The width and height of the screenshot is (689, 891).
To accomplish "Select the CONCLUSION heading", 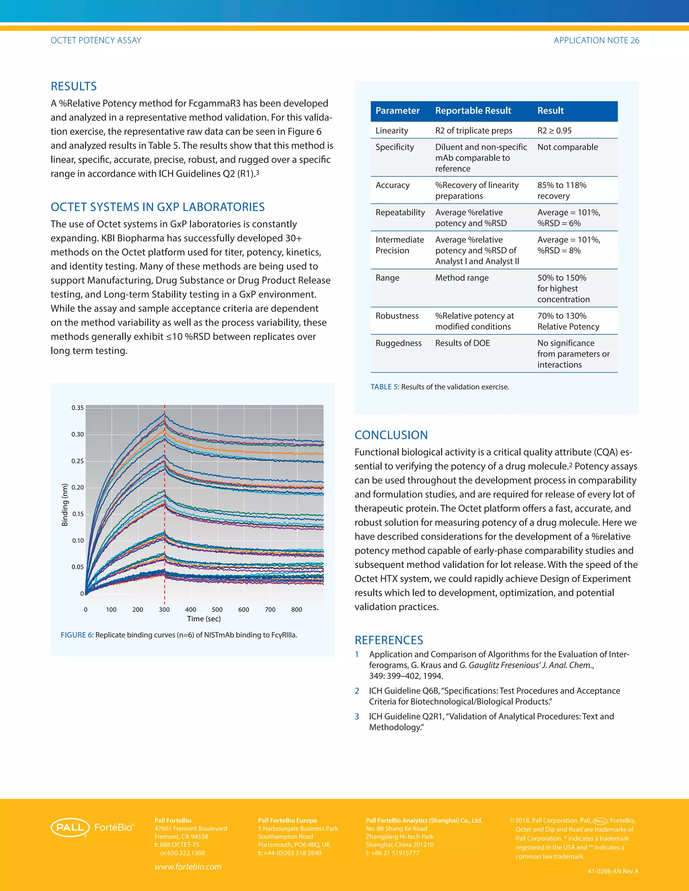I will coord(391,435).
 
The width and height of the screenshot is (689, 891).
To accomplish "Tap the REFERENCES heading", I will coord(389,640).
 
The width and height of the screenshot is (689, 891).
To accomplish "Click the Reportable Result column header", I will coord(473,111).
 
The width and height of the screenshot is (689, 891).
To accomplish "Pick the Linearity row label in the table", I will coord(392,130).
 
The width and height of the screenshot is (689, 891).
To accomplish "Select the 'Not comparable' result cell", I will coord(567,147).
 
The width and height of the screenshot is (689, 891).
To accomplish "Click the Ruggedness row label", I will coord(398,343).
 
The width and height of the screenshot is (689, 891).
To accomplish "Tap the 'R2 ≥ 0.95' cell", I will coord(554,130).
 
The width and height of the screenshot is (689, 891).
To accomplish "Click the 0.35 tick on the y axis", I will coord(78,408).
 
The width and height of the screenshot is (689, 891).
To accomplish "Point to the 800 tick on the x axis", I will coord(297,610).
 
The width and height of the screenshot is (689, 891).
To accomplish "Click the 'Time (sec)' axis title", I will coord(204,619).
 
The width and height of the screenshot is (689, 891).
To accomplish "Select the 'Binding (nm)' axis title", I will coord(65,505).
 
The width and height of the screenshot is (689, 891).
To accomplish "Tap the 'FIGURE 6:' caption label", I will coord(77,635).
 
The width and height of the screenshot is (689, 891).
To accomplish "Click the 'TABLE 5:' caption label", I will coord(385,387).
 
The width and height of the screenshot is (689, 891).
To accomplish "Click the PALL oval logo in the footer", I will coord(70,827).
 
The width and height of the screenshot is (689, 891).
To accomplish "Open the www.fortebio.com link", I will coord(188,866).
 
